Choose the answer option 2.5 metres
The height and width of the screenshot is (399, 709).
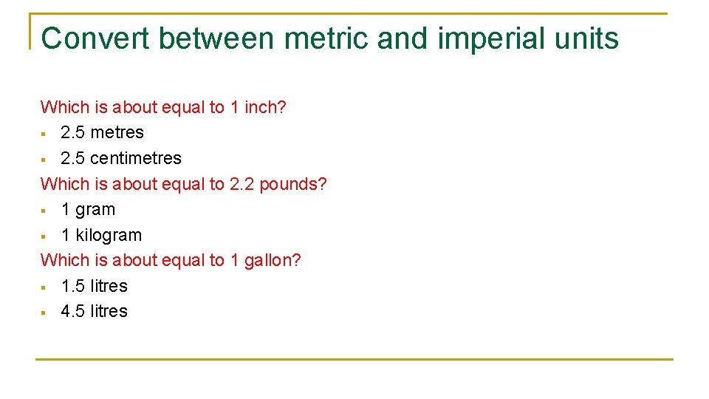pos(102,133)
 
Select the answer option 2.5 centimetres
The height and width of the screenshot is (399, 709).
pos(120,158)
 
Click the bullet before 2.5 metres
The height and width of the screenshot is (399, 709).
pos(44,134)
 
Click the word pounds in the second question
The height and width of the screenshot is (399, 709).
pos(293,184)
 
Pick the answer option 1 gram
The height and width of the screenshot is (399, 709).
pos(88,210)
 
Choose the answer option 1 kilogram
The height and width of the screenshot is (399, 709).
pos(101,235)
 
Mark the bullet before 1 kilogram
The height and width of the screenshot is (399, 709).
pos(44,236)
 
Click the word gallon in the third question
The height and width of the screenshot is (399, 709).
pos(273,261)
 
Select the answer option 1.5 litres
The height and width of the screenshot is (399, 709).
pos(94,286)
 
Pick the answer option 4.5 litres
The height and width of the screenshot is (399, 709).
pos(94,312)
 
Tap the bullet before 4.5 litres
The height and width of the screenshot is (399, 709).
pos(44,313)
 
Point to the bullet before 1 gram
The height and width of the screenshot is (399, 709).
pos(44,211)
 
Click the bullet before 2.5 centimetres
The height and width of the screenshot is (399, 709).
pos(44,159)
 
